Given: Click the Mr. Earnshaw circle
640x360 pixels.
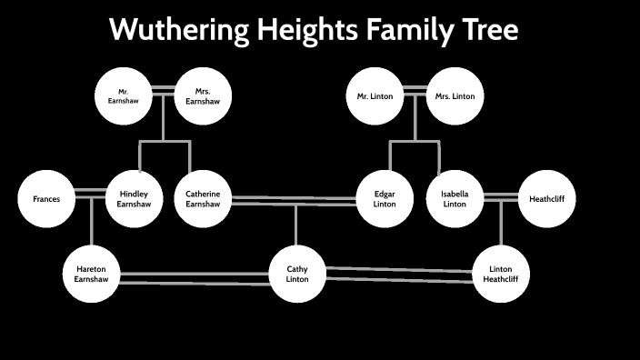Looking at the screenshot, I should click(x=123, y=95).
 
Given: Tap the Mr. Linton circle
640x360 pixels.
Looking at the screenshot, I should click(x=375, y=96).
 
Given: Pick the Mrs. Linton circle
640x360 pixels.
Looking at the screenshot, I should click(x=455, y=96).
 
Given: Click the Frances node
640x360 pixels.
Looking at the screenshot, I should click(x=46, y=197).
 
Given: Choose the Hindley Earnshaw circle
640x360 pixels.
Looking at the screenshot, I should click(x=134, y=197).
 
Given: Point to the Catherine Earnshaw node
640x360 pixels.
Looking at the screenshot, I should click(x=203, y=197).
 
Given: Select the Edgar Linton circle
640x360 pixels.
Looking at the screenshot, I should click(x=385, y=198).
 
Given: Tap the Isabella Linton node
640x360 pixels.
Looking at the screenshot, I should click(x=454, y=198).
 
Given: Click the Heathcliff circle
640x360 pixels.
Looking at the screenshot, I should click(x=546, y=198).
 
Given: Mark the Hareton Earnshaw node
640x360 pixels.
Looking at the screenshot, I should click(x=91, y=274).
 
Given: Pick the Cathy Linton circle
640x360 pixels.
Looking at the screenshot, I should click(x=297, y=274).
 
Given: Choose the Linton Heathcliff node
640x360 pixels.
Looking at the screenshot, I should click(x=501, y=274).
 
